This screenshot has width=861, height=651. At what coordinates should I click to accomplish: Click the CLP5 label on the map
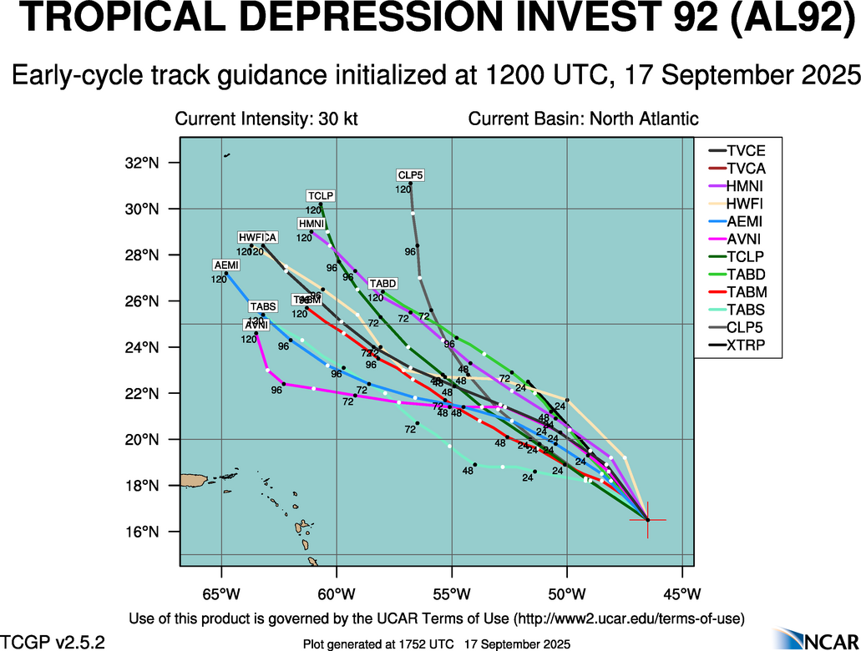pyautogui.click(x=410, y=175)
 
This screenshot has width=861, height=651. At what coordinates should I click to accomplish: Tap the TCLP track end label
pyautogui.click(x=320, y=196)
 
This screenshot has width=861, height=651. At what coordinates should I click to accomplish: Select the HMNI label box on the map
pyautogui.click(x=311, y=224)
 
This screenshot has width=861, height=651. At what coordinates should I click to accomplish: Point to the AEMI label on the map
pyautogui.click(x=226, y=265)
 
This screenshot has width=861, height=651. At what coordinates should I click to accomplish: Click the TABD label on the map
pyautogui.click(x=383, y=284)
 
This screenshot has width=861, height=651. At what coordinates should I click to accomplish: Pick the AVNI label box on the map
pyautogui.click(x=256, y=325)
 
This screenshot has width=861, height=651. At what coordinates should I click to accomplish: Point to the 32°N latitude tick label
pyautogui.click(x=142, y=163)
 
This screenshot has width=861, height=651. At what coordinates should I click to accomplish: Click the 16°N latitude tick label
pyautogui.click(x=142, y=532)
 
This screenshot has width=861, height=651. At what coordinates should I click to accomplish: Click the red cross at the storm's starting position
pyautogui.click(x=647, y=520)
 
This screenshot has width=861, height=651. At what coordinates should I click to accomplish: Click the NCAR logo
pyautogui.click(x=814, y=638)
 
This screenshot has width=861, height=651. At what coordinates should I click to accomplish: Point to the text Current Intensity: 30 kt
pyautogui.click(x=266, y=119)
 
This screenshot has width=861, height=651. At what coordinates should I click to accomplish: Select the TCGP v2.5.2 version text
pyautogui.click(x=53, y=642)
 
